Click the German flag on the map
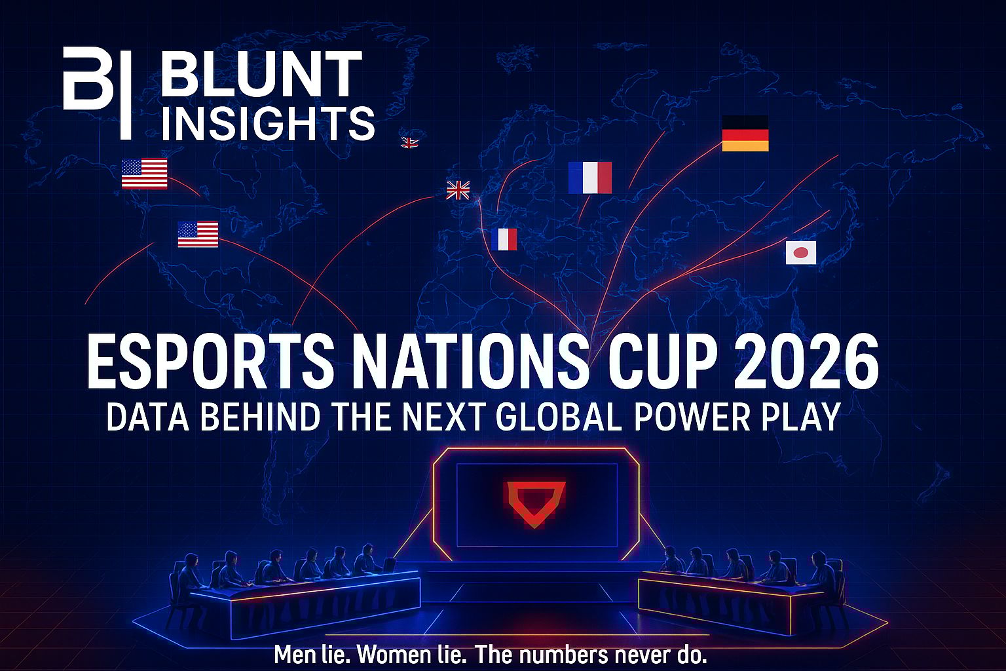745,133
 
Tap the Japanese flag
800,252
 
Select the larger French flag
589,177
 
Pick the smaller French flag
504,239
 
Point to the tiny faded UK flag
409,142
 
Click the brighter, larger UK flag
458,190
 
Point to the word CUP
660,362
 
